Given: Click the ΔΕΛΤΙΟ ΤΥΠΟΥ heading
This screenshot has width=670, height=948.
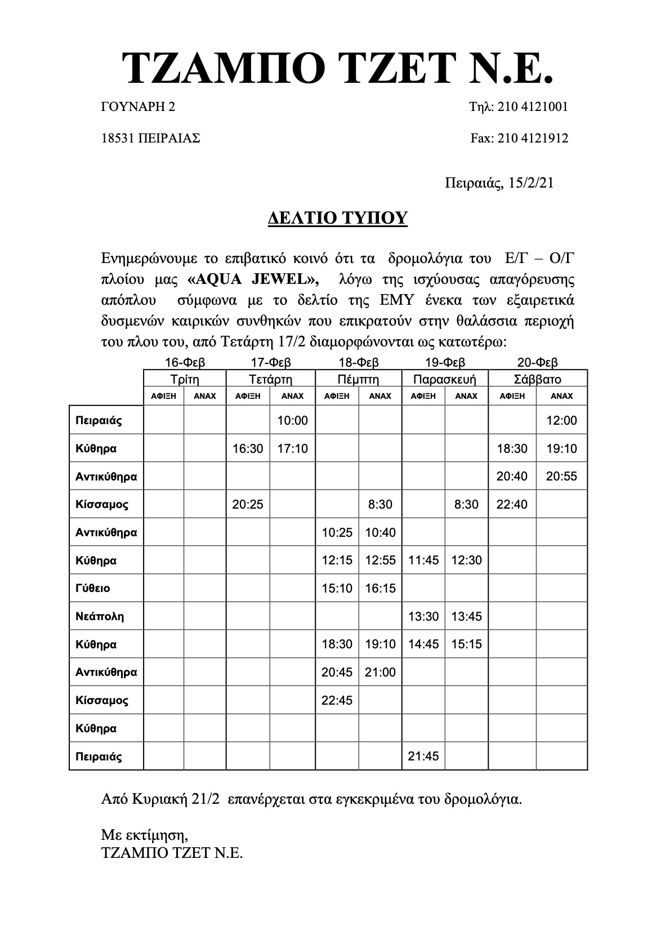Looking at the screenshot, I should (x=337, y=217).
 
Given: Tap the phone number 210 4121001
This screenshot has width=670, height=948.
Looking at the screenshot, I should (x=532, y=106).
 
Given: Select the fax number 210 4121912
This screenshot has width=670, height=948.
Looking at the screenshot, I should (x=533, y=138).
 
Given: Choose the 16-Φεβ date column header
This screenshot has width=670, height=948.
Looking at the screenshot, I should (x=185, y=362).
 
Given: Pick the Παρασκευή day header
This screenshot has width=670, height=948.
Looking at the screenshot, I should (x=445, y=379).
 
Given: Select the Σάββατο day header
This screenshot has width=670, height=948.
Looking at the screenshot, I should (x=538, y=379).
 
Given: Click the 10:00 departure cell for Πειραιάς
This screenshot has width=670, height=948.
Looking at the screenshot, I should (x=293, y=420).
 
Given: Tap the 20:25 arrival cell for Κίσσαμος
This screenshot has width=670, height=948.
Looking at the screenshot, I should (x=248, y=504).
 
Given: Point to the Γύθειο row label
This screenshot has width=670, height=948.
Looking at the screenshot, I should (x=93, y=588).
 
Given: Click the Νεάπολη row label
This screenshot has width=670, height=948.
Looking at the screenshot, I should (x=100, y=616).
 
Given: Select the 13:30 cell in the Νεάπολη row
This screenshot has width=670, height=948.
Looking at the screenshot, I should (x=423, y=616).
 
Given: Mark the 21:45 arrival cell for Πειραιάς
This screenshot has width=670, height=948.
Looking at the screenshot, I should (x=423, y=756).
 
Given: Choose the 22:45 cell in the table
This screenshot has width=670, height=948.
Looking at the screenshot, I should (x=337, y=700).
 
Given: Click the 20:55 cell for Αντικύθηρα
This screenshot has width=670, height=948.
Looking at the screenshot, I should (x=561, y=476).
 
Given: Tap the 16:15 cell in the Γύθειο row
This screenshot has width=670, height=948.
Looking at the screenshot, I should (x=380, y=588).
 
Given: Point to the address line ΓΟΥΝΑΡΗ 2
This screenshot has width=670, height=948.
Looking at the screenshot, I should (x=138, y=106).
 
